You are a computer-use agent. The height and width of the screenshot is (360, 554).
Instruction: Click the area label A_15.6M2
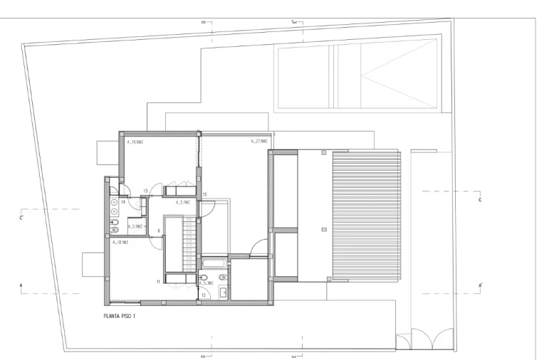click(135, 142)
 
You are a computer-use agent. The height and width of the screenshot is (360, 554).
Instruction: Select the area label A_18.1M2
click(120, 243)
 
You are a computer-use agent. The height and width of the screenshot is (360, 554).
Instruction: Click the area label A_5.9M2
click(136, 227)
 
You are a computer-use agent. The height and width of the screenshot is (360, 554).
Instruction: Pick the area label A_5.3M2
click(207, 282)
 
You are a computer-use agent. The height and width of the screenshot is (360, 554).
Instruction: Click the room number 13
click(145, 191)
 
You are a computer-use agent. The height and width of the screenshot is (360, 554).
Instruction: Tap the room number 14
click(123, 202)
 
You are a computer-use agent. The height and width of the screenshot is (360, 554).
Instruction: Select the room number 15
click(204, 194)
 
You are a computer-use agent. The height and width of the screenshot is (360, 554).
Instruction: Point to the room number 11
click(158, 282)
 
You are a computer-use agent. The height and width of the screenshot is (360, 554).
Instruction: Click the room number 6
click(159, 231)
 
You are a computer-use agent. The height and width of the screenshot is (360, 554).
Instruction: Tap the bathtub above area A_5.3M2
click(214, 264)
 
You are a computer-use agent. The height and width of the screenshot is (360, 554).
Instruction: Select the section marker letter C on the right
click(479, 200)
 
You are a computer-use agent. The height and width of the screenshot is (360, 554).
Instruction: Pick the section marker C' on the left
click(22, 218)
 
